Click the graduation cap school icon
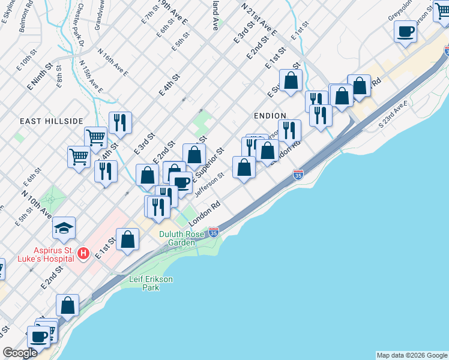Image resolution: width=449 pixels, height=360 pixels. pyautogui.click(x=64, y=228)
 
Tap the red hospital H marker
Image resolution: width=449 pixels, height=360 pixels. pyautogui.click(x=84, y=254)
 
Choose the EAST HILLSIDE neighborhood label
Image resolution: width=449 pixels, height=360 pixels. pyautogui.click(x=47, y=121)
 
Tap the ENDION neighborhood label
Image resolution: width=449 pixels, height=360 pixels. pyautogui.click(x=270, y=115)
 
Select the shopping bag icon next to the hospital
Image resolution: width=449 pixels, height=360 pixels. pyautogui.click(x=127, y=239)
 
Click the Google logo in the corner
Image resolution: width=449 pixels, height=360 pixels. pyautogui.click(x=20, y=353)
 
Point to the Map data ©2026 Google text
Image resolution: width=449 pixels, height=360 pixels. pyautogui.click(x=412, y=355)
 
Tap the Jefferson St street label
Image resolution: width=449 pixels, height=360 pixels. pyautogui.click(x=209, y=184)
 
